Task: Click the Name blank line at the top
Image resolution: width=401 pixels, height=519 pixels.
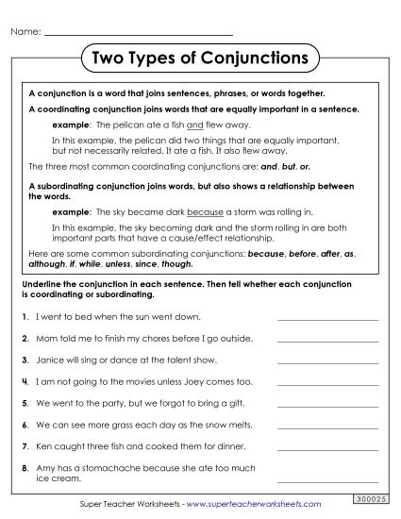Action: [x=139, y=34]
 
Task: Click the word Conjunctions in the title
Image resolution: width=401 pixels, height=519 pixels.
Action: [x=253, y=58]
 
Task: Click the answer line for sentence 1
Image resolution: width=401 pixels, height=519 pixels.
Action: [x=327, y=320]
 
